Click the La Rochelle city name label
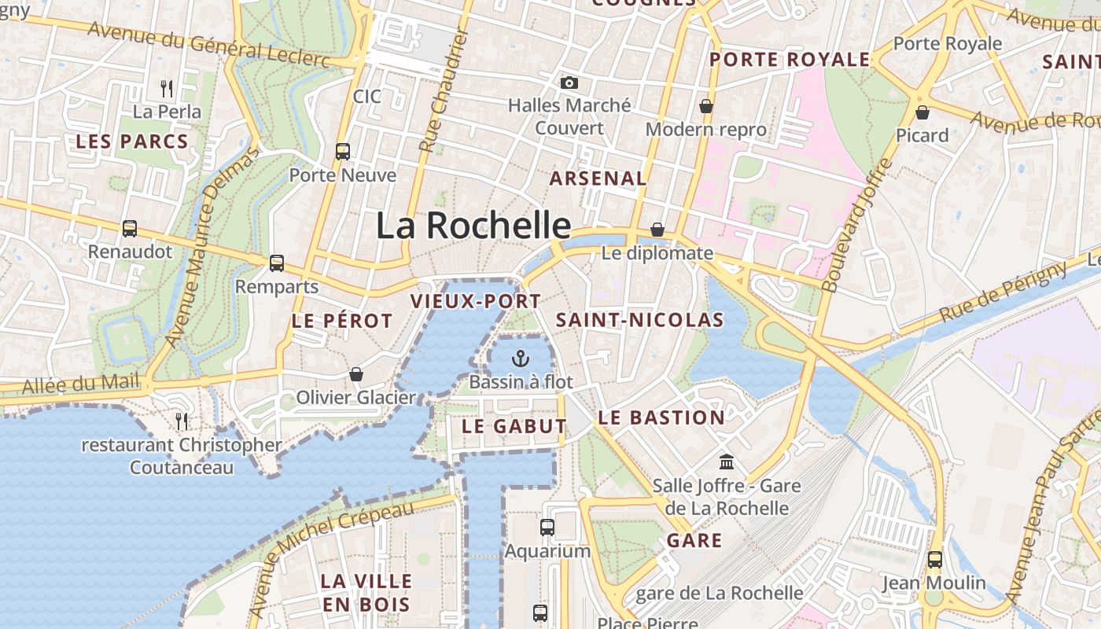coord(473,226)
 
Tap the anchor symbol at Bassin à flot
coord(520,359)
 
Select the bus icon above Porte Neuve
coord(343,151)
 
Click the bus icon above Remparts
coord(276,263)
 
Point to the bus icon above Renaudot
coord(130,228)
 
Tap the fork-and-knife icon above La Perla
coord(167,88)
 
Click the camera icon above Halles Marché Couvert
coord(569,83)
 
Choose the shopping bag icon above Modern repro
coord(706,106)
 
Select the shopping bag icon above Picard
coord(922,112)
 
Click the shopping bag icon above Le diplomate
coord(657,230)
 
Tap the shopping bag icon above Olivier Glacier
coord(355,374)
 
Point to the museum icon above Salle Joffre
coord(727,462)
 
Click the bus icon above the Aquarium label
coord(547,527)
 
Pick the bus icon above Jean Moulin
coord(934,559)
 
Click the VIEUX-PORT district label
coord(476,301)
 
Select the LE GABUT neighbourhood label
coord(514,426)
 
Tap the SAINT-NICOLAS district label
coord(639,320)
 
